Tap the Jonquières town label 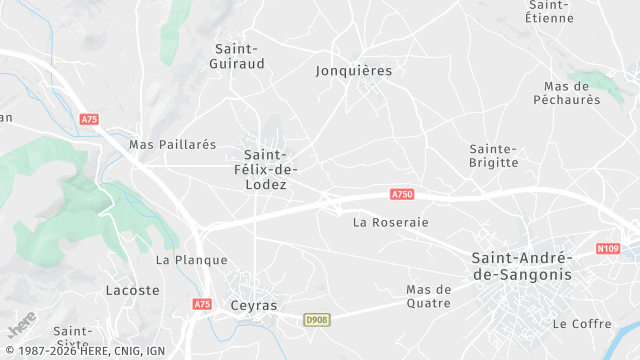coord(353,71)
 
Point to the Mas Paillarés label coord(172,145)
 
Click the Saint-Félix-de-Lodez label coord(265,170)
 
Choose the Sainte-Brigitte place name coord(494,155)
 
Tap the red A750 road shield coord(402,194)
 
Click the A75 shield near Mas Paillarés coord(89,119)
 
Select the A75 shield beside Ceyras coord(202,304)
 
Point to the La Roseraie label coord(390,222)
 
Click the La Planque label coord(178,260)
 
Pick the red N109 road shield coord(607,248)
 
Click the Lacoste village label coord(132,291)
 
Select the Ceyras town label coord(253,306)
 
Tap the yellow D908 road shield coord(316,319)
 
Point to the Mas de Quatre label coord(429,296)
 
